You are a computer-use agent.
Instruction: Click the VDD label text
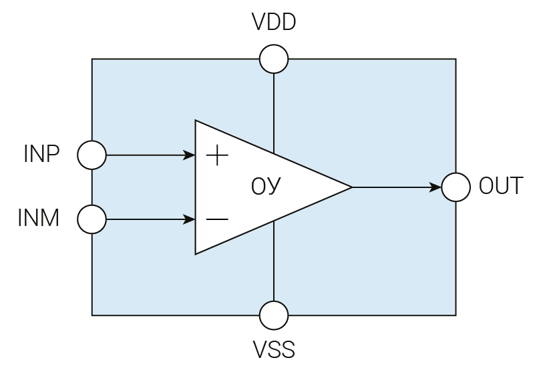[274, 23]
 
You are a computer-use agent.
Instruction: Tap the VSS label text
[274, 349]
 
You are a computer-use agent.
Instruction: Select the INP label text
[41, 155]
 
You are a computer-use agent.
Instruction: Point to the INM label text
[39, 218]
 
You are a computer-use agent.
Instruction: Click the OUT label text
[501, 186]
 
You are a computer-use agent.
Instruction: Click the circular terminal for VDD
[274, 59]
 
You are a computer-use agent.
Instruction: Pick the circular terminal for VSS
[274, 315]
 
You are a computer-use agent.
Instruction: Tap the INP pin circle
[92, 156]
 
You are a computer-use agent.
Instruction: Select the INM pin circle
[92, 219]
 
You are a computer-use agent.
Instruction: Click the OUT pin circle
[456, 187]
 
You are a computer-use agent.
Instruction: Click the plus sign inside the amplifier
[217, 156]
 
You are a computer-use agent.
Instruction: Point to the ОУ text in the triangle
[266, 187]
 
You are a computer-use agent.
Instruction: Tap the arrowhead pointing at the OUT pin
[436, 187]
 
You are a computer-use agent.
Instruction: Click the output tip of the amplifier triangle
[350, 187]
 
